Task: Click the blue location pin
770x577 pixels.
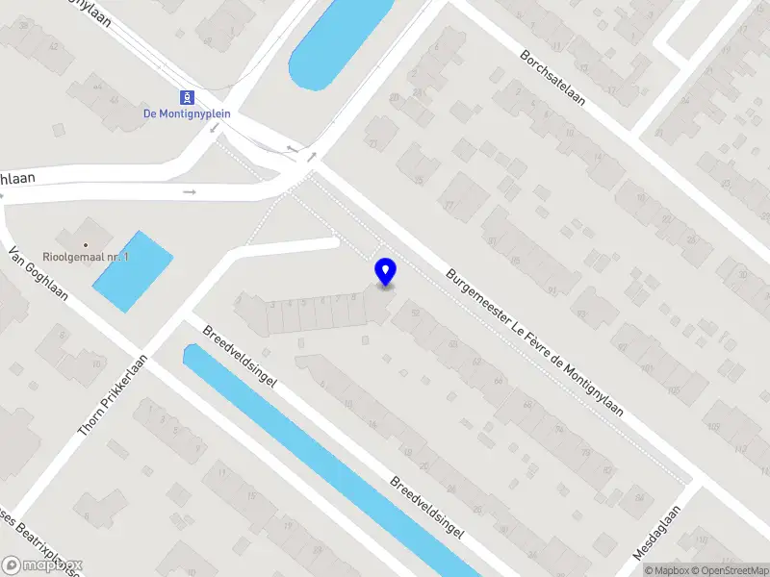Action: coord(386,272)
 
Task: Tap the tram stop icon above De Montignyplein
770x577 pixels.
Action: coord(186,97)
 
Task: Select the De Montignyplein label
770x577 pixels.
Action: coord(186,113)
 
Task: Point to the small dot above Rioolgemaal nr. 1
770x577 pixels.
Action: coord(85,245)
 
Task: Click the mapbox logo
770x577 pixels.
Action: coord(42,565)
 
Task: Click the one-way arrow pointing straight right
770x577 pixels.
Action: coord(190,192)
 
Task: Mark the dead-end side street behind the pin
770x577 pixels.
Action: coord(289,247)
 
